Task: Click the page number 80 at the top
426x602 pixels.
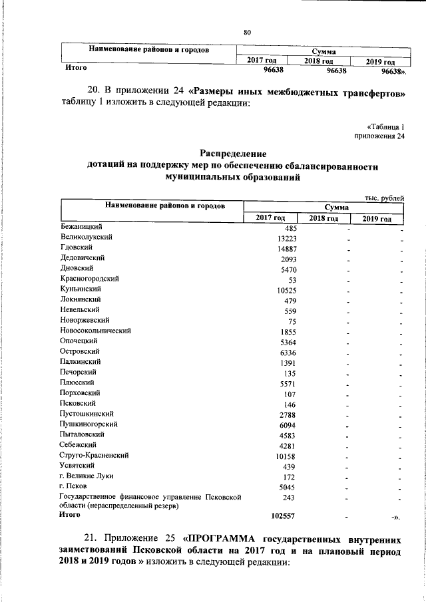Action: click(247, 33)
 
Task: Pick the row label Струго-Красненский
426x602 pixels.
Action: click(94, 456)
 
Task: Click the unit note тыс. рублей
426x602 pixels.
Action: click(385, 198)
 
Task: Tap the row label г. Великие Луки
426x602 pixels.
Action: click(85, 476)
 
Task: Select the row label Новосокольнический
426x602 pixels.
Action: click(95, 331)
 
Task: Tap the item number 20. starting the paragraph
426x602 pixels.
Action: click(93, 91)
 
